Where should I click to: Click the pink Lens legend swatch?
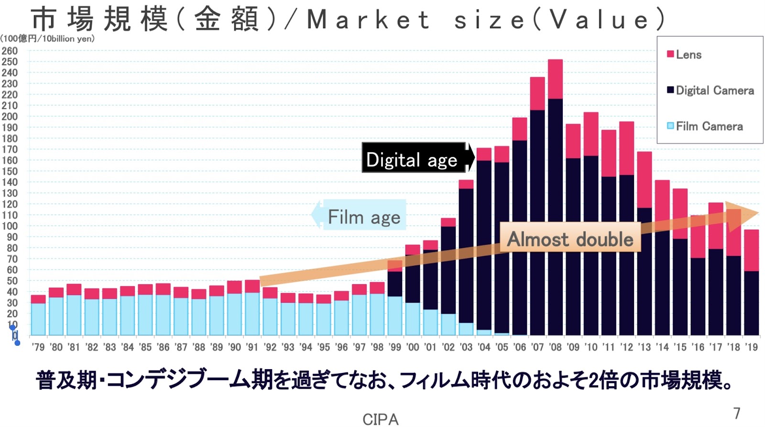(670, 54)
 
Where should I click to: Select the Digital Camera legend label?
(715, 90)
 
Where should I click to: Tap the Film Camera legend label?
(709, 126)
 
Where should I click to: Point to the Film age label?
(364, 217)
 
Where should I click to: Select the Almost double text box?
(570, 239)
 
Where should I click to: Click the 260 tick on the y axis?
(10, 51)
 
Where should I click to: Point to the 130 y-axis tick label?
(10, 193)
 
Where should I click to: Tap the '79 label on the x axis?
(38, 347)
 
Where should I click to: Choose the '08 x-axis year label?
(555, 347)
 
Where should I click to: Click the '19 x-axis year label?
(751, 347)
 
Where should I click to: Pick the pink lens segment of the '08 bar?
(555, 79)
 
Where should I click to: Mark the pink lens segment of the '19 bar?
(751, 250)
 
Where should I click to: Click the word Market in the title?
(368, 20)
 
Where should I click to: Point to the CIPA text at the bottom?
(380, 419)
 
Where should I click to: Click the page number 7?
(737, 413)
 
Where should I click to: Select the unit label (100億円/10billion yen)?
(48, 39)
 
